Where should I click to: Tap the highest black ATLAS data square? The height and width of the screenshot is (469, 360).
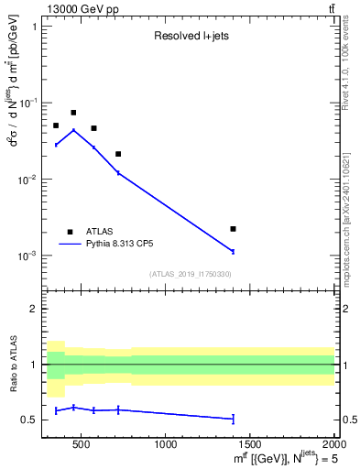coord(73,113)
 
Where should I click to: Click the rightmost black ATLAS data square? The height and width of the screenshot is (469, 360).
coord(234,228)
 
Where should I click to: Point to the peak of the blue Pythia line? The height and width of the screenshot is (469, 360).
coord(73,130)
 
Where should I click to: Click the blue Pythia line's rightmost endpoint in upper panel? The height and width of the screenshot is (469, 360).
coord(234,251)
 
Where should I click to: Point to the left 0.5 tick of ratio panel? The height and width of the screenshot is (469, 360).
coord(30,420)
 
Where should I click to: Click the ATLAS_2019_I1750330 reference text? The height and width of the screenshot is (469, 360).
coord(191,274)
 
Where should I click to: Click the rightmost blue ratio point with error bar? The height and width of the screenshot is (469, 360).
coord(234,419)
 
